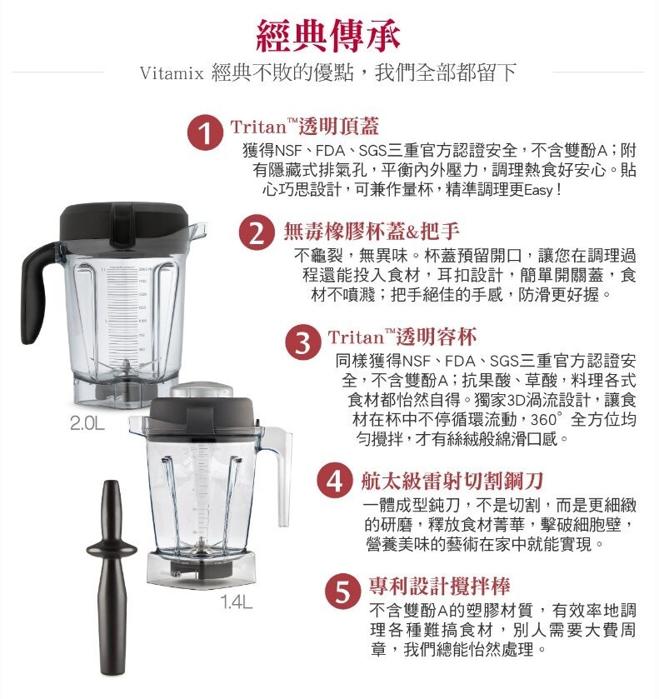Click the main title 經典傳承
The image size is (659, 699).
coord(327,35)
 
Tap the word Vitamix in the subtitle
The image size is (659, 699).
coord(172,73)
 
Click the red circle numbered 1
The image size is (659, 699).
coord(205,134)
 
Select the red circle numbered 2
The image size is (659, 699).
coord(257,233)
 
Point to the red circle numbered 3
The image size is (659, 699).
coord(303,343)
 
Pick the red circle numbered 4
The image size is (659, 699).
coord(335,481)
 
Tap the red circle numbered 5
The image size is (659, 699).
coord(342,592)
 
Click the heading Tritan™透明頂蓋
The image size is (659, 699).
coord(305,127)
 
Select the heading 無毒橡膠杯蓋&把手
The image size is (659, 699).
coord(372,231)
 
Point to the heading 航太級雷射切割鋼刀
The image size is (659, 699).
coord(452,481)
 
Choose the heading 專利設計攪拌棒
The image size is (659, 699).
coord(440,587)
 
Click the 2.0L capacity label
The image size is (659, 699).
coord(87,423)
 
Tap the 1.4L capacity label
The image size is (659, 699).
coord(237,602)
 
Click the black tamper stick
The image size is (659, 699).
coord(112,575)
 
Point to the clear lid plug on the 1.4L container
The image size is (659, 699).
coord(202,390)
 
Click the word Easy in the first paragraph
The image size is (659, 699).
coord(539,191)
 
